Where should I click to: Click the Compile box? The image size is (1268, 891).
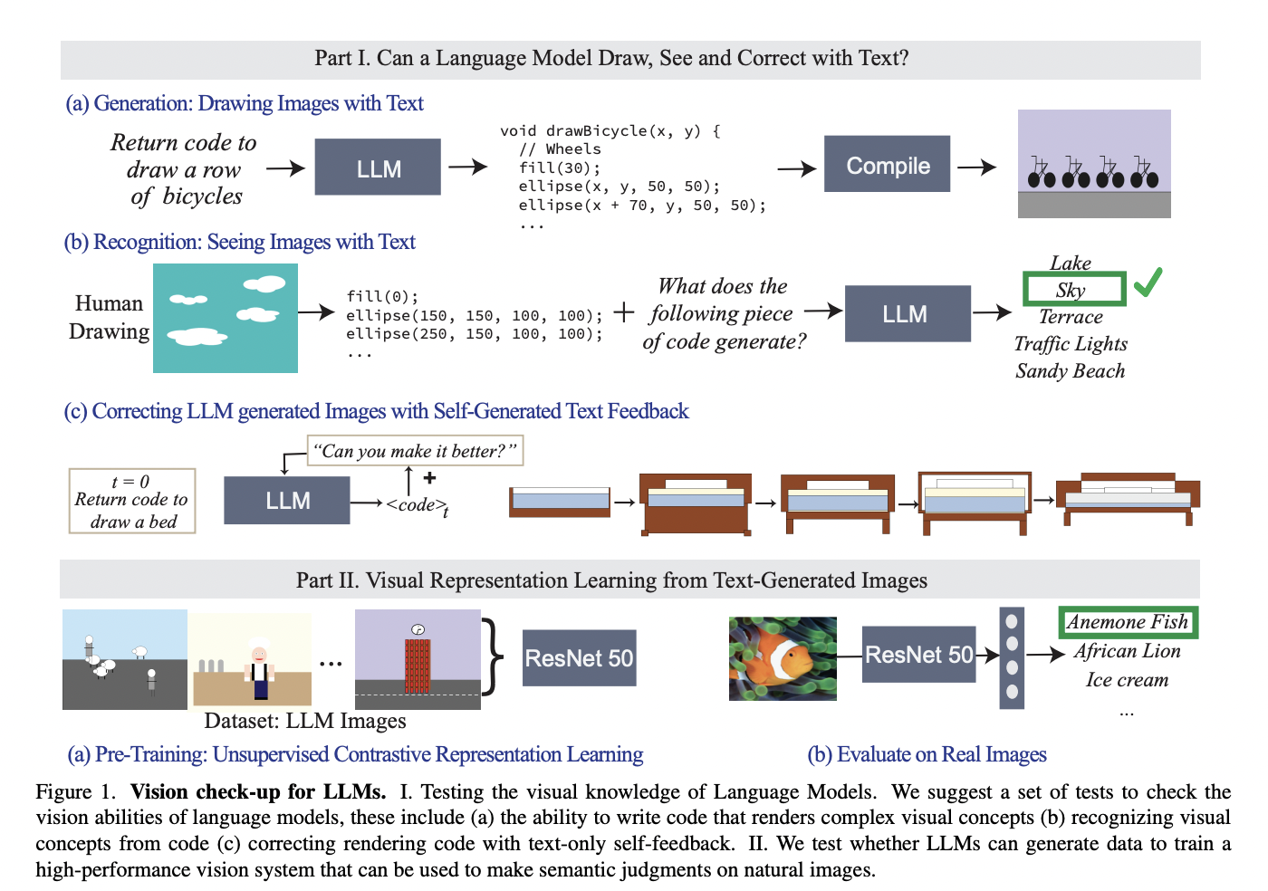(887, 165)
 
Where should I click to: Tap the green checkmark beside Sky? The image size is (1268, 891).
(1148, 283)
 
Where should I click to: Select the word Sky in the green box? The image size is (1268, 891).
(1071, 291)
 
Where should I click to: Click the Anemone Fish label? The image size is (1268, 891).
(1127, 622)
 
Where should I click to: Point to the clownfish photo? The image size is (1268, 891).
(783, 658)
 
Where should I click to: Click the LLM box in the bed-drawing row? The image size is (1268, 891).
(287, 501)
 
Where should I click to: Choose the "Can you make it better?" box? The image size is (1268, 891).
(415, 451)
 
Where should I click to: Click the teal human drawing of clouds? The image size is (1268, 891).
(226, 318)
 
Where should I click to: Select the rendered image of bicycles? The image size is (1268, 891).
(1094, 164)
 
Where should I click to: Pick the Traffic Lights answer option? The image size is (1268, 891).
(1071, 344)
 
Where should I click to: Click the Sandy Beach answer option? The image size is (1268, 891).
(1071, 371)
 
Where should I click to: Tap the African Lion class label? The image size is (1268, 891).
(1127, 651)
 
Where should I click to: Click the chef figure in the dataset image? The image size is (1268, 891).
(259, 671)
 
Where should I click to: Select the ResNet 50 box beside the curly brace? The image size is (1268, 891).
(579, 658)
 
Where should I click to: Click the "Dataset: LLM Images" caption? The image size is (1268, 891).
(305, 721)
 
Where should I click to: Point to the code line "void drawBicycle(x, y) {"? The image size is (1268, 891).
(610, 131)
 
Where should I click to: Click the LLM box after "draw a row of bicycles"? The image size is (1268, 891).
(378, 168)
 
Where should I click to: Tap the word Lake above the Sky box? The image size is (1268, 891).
(1071, 263)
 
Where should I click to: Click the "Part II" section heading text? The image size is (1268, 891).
(611, 580)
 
